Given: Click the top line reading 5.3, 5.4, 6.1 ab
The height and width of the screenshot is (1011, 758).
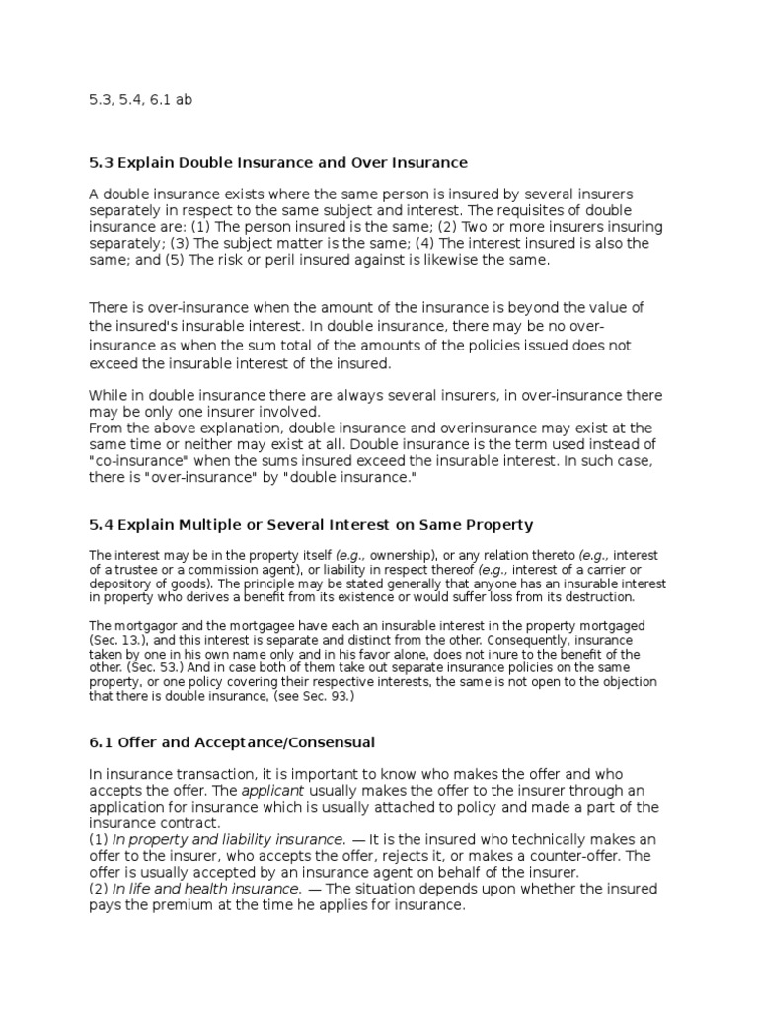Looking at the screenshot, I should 134,101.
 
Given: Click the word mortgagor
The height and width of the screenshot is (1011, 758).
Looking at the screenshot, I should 143,626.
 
